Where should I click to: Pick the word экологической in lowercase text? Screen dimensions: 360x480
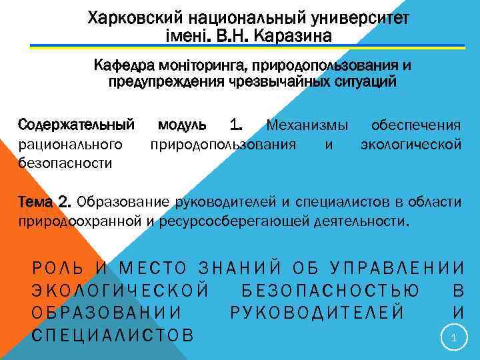pyautogui.click(x=411, y=143)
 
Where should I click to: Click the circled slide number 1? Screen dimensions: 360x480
pyautogui.click(x=453, y=339)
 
